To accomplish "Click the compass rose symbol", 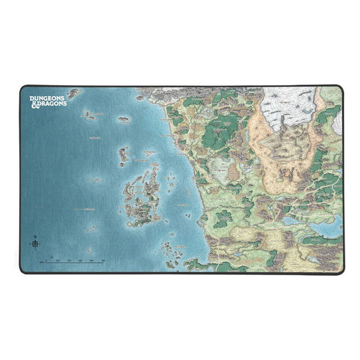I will [x=34, y=245].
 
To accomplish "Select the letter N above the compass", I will [x=34, y=237].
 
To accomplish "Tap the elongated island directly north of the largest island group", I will [x=123, y=155].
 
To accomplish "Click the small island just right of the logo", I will [x=87, y=114].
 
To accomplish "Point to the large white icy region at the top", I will [x=293, y=107].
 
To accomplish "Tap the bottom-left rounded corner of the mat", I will [x=21, y=271].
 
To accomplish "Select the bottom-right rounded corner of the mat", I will [x=341, y=271].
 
